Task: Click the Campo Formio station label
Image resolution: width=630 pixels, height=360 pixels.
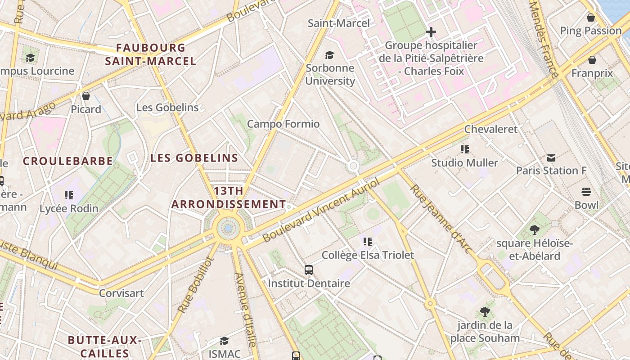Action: coord(283,124)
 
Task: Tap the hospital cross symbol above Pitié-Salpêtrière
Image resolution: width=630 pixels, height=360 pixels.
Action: coord(431,32)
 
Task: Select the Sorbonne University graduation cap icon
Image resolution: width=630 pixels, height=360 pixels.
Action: coord(330,55)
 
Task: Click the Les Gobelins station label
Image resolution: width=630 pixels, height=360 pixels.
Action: coord(167,108)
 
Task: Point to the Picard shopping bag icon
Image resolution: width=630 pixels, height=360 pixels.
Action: coord(86,96)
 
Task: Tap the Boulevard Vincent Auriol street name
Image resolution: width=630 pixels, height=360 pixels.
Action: coord(321,210)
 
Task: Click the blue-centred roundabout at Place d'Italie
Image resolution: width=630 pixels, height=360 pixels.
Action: coord(228,229)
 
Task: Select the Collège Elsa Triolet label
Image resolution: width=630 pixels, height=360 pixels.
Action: coord(368,255)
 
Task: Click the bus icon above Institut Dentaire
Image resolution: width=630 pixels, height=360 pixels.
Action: coord(309,270)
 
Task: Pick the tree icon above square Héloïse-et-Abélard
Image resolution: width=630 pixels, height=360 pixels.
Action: coord(535,230)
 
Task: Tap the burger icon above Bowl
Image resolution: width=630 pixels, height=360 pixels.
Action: coord(586,192)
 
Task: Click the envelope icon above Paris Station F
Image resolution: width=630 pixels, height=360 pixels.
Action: coord(551,158)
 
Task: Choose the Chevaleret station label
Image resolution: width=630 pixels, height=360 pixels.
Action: coord(491,129)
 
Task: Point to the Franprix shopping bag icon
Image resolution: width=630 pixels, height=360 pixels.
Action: coord(592,60)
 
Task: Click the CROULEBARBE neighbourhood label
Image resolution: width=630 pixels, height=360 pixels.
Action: coord(68,161)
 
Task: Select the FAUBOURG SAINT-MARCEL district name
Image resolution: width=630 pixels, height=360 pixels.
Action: coord(150,54)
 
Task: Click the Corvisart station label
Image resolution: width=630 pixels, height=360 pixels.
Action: coord(121,293)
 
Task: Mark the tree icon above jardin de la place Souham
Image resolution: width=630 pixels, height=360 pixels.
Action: coord(485,311)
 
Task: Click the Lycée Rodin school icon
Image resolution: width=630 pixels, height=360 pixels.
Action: coord(68,195)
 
